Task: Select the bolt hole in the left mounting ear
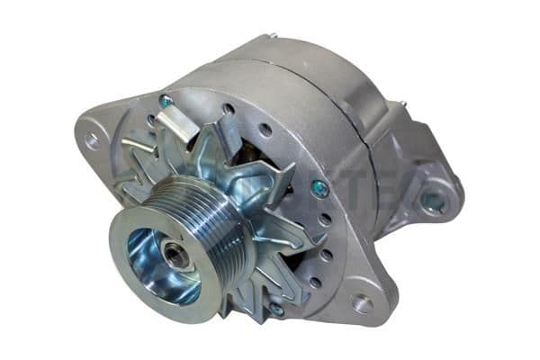click(x=91, y=139)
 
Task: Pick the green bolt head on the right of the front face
click(x=319, y=189)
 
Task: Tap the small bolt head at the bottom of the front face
click(x=277, y=310)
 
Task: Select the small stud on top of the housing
click(x=271, y=37)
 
